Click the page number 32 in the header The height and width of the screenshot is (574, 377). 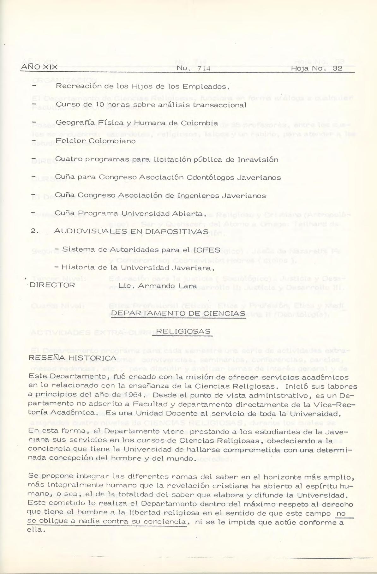click(337, 69)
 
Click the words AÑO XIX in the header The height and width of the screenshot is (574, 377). click(39, 68)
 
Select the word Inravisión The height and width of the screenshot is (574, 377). click(258, 159)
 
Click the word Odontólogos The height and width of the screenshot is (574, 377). click(211, 177)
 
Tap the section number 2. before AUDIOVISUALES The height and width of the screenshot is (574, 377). click(35, 231)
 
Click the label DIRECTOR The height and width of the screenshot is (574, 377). click(52, 285)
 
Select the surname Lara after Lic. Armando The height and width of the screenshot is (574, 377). click(188, 286)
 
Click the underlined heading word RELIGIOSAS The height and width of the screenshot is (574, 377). click(183, 332)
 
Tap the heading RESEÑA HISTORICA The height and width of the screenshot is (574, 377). click(72, 358)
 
